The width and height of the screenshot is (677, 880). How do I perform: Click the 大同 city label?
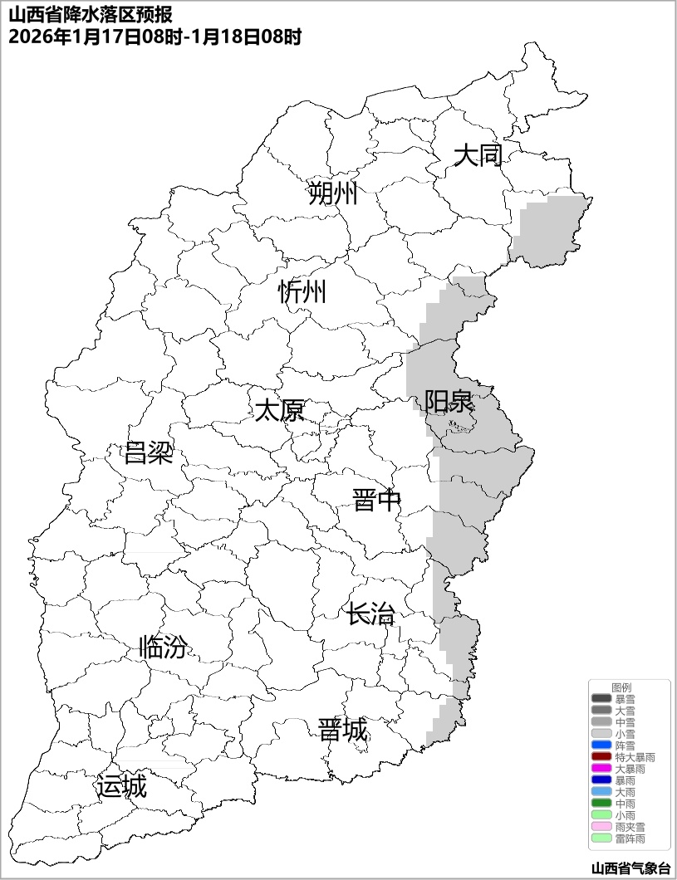pyautogui.click(x=478, y=155)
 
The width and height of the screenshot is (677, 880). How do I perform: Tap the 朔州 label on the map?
pyautogui.click(x=332, y=194)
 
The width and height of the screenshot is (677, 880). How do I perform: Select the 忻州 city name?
pyautogui.click(x=302, y=292)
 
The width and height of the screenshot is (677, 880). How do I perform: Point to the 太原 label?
pyautogui.click(x=279, y=411)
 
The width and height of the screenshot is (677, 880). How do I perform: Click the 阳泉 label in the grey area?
pyautogui.click(x=449, y=402)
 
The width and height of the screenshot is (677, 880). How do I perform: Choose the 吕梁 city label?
pyautogui.click(x=148, y=453)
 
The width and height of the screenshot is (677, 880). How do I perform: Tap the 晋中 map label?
pyautogui.click(x=376, y=501)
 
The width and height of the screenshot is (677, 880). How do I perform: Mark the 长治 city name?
pyautogui.click(x=370, y=615)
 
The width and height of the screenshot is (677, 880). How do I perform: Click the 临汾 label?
pyautogui.click(x=163, y=647)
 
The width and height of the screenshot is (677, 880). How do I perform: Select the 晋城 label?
pyautogui.click(x=342, y=731)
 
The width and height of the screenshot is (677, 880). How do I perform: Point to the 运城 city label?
pyautogui.click(x=121, y=786)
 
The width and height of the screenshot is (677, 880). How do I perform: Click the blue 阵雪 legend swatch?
pyautogui.click(x=601, y=746)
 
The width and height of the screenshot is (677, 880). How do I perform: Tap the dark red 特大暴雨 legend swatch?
pyautogui.click(x=601, y=757)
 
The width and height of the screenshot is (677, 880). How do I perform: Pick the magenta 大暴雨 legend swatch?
pyautogui.click(x=601, y=769)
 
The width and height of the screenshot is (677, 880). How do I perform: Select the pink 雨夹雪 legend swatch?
pyautogui.click(x=601, y=827)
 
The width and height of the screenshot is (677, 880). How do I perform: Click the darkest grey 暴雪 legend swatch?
pyautogui.click(x=601, y=699)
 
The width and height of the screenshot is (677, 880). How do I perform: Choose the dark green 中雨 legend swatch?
pyautogui.click(x=601, y=804)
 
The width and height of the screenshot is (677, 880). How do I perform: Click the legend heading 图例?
pyautogui.click(x=621, y=687)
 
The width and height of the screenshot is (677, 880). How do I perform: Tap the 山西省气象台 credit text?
pyautogui.click(x=630, y=868)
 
